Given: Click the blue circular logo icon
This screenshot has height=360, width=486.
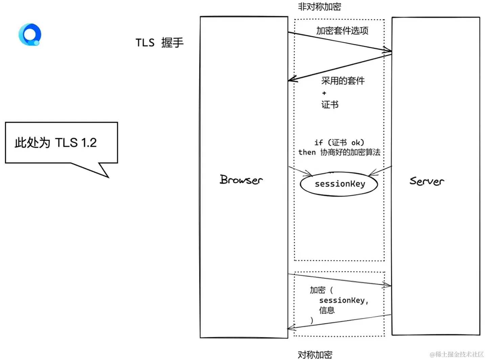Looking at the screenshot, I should tap(30, 35).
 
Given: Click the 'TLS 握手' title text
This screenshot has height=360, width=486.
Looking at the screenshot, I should tap(159, 43).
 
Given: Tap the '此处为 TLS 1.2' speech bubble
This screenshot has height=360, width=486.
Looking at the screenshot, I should tap(61, 143).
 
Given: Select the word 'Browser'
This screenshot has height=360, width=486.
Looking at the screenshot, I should tap(241, 179).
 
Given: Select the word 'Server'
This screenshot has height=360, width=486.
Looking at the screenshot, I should tap(426, 181).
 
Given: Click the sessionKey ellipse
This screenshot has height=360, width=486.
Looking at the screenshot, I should tap(339, 184).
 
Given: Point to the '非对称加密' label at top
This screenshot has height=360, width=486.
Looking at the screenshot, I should tap(319, 6).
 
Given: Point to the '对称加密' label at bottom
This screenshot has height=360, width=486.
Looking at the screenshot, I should tap(315, 354).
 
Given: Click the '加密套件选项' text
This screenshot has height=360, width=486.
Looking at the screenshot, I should tap(342, 31).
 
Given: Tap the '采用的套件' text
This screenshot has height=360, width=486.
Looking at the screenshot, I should tap(343, 81).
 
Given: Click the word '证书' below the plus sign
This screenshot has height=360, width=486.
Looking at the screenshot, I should tap(330, 104).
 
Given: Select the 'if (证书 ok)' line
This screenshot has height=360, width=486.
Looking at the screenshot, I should tap(339, 143).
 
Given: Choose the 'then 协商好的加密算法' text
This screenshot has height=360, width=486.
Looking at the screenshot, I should tap(339, 152).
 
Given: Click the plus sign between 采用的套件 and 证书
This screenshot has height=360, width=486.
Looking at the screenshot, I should tap(324, 93).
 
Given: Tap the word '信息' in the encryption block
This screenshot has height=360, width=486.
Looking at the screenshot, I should tap(327, 310).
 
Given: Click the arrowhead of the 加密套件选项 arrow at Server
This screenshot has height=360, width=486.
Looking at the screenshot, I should tap(389, 51).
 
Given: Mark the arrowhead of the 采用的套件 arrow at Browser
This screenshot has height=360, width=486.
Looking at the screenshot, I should tap(291, 80).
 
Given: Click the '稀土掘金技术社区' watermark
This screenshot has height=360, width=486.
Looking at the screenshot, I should tap(457, 354).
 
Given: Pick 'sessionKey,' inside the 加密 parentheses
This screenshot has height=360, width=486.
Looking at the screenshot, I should tap(344, 300).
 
